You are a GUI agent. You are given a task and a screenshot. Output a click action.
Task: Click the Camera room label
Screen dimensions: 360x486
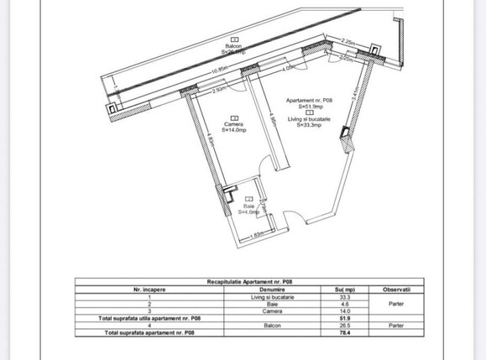[233, 123]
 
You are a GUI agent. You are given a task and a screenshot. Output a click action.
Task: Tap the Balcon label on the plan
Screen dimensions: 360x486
[234, 45]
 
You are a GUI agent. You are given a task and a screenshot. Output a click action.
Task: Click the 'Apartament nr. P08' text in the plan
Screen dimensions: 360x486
[311, 101]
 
